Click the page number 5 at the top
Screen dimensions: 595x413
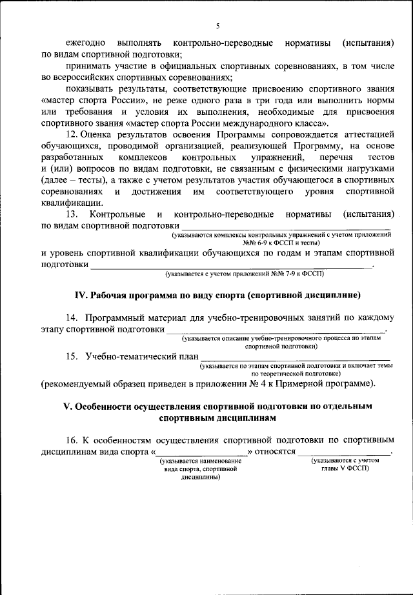[217, 26]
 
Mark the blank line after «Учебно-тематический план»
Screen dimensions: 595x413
[295, 356]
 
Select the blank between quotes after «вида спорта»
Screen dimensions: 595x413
[201, 452]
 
